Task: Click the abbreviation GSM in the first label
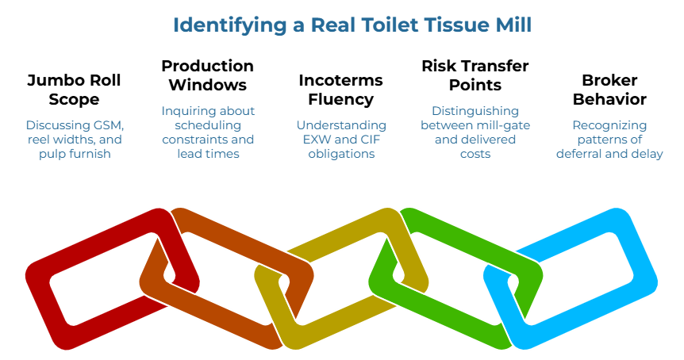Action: pos(108,125)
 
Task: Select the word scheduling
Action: pos(208,125)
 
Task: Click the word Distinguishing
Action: pos(475,111)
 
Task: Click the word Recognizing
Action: pos(609,125)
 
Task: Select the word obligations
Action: pos(341,154)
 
